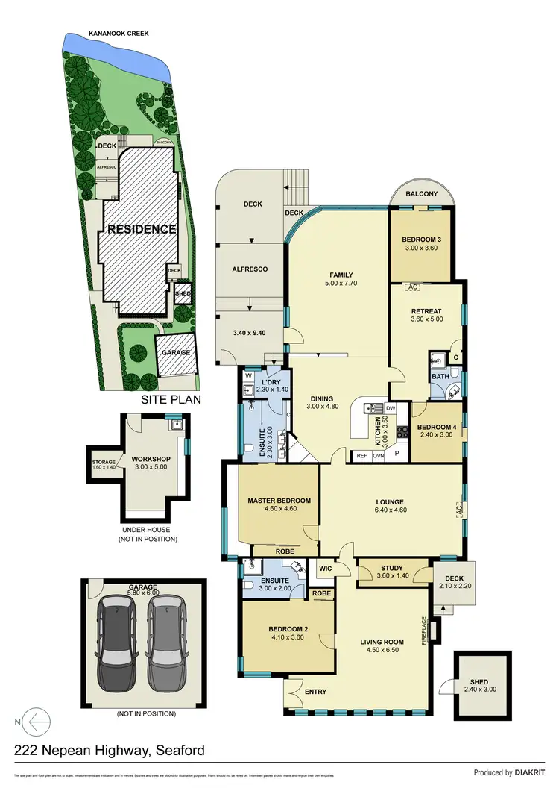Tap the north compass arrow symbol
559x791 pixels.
36,722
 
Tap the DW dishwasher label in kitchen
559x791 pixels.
390,408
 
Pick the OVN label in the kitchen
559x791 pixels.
378,455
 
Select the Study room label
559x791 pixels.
391,569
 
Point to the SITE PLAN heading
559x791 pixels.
170,401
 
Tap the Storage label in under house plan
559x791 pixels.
104,462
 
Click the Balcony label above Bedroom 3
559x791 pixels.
423,194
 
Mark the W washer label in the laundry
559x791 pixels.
247,377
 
